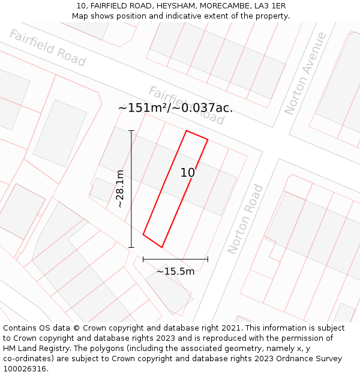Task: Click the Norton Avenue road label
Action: [x=306, y=73]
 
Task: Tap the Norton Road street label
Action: [x=245, y=219]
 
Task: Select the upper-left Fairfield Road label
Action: [x=47, y=47]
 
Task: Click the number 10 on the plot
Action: [x=188, y=173]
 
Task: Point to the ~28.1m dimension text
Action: [x=120, y=188]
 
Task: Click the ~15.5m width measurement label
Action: [x=175, y=271]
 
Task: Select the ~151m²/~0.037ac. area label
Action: [x=175, y=108]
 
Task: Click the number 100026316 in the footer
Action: [x=25, y=369]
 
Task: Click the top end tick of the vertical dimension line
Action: [x=131, y=131]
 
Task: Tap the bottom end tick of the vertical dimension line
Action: [x=131, y=247]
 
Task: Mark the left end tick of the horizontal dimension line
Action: [x=143, y=259]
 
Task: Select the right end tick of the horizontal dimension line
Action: [x=208, y=259]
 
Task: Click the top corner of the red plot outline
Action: [x=187, y=131]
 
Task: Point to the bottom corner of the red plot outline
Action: [x=161, y=247]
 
